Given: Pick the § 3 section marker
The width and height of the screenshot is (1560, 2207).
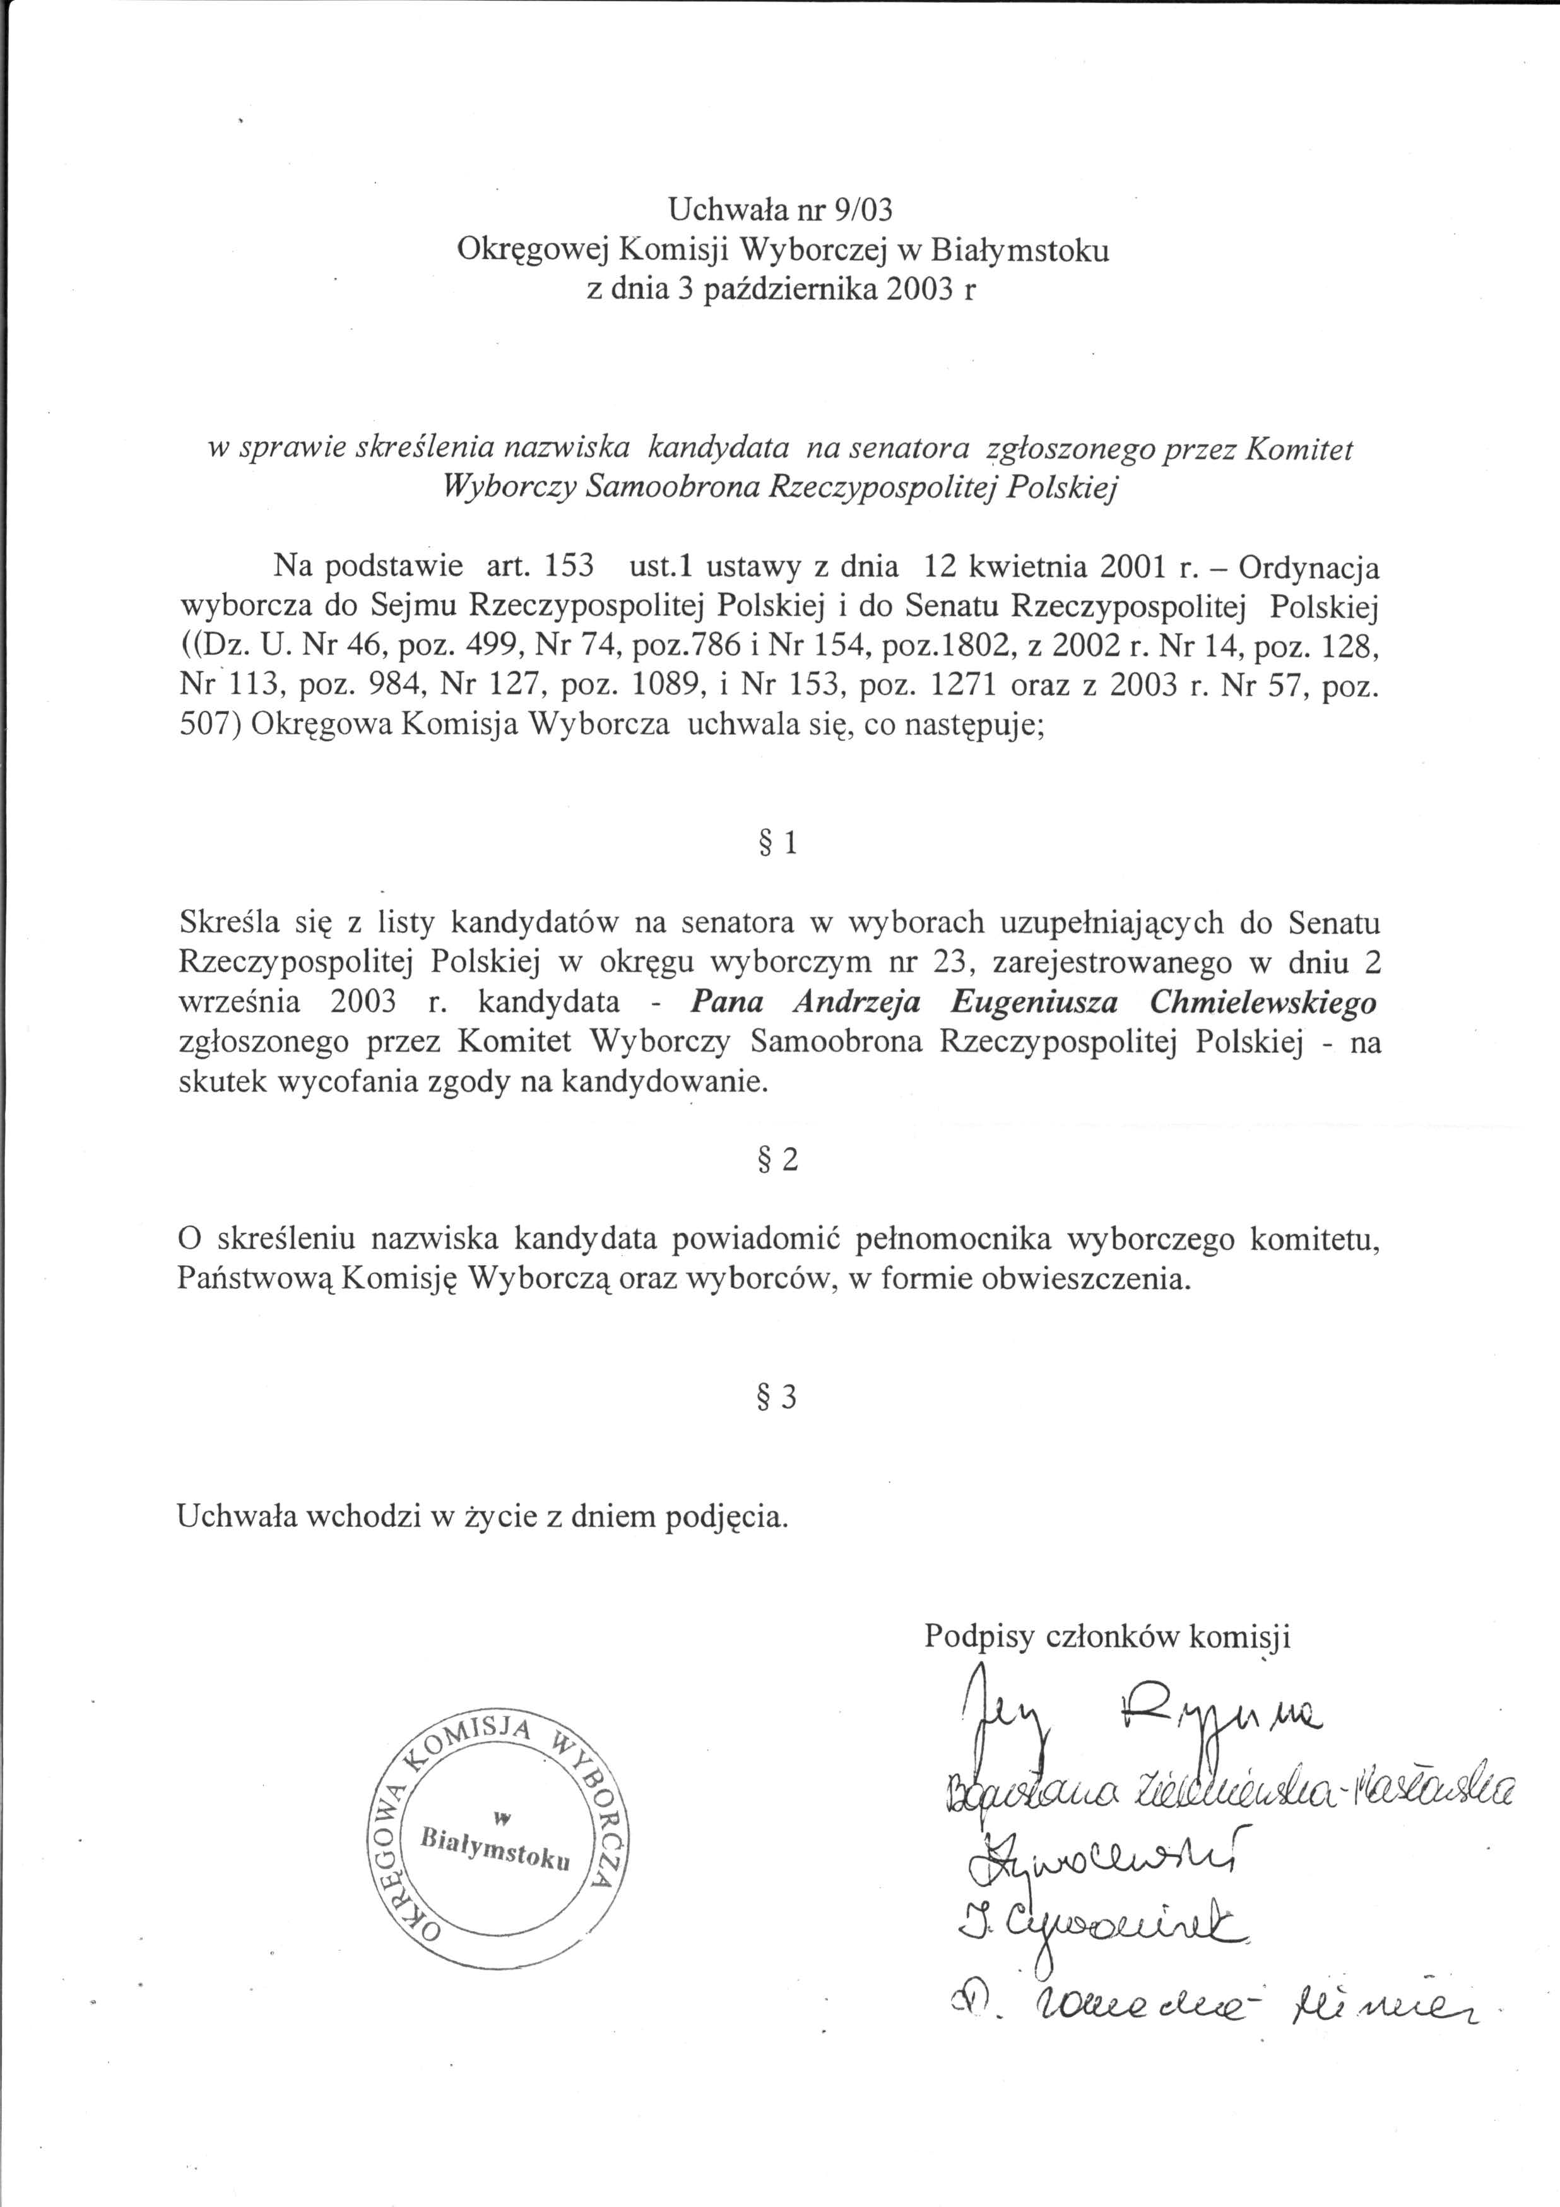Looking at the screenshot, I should click(779, 1396).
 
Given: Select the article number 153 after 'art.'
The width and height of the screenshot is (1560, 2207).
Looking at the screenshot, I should click(568, 566).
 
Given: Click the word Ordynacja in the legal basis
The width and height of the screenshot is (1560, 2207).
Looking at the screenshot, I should click(1309, 566).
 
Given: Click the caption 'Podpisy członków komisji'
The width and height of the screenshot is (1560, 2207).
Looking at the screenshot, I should click(1108, 1636).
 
